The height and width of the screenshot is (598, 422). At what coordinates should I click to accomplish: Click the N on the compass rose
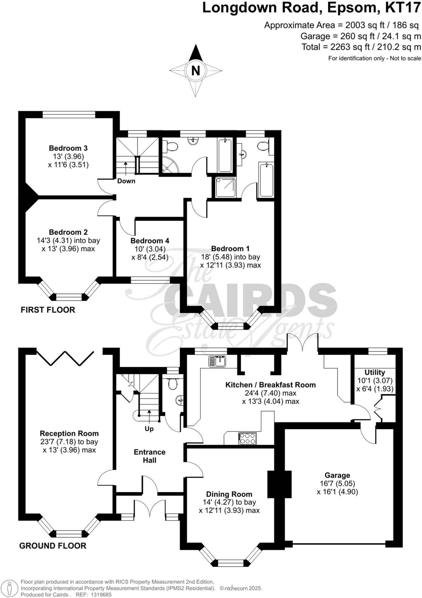[196, 71]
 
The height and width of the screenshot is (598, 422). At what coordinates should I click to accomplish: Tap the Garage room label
[337, 475]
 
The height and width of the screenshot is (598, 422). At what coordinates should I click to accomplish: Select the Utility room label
[375, 372]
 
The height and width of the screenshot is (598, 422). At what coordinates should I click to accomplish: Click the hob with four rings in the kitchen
[247, 438]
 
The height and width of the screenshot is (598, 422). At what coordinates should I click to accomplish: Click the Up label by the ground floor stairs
[149, 429]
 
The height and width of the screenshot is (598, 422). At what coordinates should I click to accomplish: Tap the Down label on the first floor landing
[126, 181]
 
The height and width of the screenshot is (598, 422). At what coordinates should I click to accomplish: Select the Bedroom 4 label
[150, 241]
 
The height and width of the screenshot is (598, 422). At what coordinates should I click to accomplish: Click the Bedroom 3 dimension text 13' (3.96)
[68, 156]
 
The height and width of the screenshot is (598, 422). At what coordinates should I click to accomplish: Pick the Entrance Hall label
[149, 456]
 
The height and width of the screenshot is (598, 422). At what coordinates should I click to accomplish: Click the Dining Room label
[229, 494]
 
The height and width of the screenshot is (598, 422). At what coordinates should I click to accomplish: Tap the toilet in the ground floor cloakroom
[173, 384]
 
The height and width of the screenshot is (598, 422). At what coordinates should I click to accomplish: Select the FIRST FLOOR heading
[48, 310]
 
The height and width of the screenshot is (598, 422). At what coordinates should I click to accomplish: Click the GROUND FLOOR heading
[53, 546]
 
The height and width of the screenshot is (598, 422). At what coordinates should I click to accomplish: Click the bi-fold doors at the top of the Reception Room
[65, 358]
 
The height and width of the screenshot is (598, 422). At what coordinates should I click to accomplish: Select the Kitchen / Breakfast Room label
[270, 385]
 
